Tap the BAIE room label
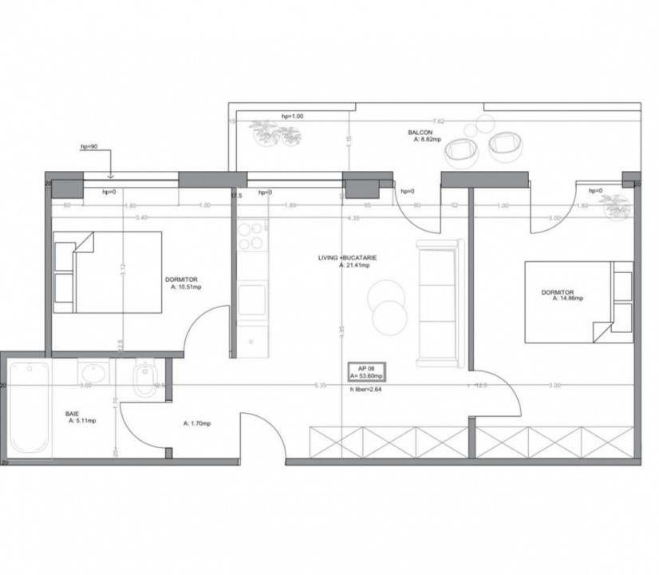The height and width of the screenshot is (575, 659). [x=73, y=413]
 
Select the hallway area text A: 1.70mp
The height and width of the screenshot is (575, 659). [x=197, y=423]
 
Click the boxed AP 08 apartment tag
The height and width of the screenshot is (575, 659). [x=368, y=372]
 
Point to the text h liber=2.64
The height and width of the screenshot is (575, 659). [x=369, y=391]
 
